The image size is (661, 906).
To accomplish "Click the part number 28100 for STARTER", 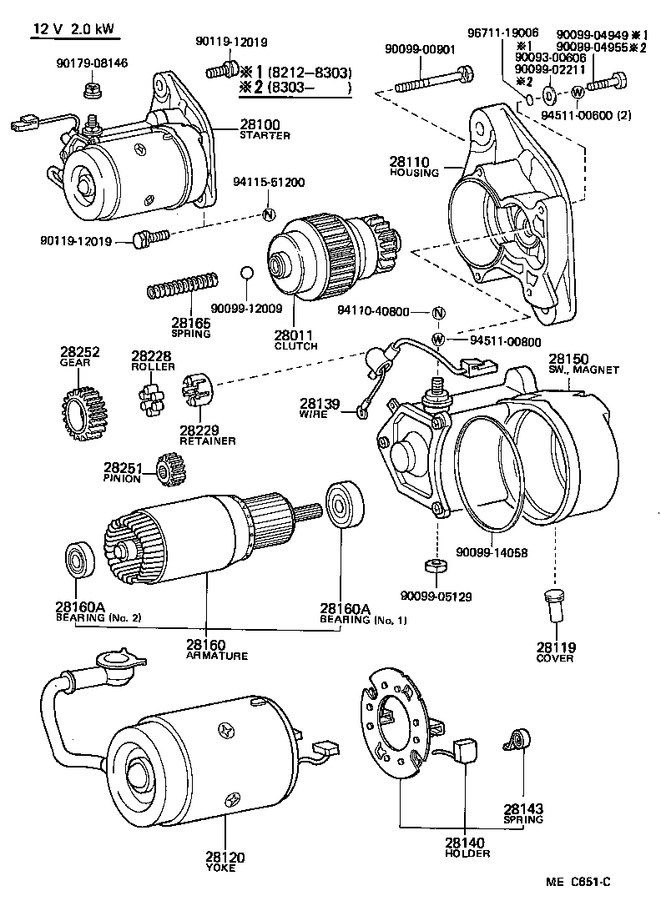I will pyautogui.click(x=260, y=125).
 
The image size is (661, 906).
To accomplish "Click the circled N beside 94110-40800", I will pyautogui.click(x=439, y=313).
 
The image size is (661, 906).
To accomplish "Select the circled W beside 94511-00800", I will pyautogui.click(x=438, y=340).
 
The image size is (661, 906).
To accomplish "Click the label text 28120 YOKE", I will pyautogui.click(x=222, y=861).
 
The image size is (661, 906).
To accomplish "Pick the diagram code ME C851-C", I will pyautogui.click(x=584, y=883).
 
